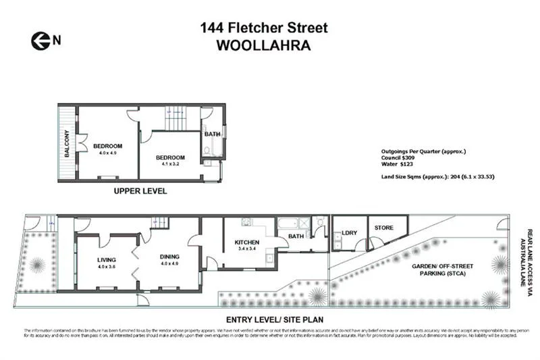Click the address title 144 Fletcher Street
point(264,28)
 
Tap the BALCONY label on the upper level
point(67,143)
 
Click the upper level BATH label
point(213,134)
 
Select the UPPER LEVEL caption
point(140,191)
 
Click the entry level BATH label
point(296,236)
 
